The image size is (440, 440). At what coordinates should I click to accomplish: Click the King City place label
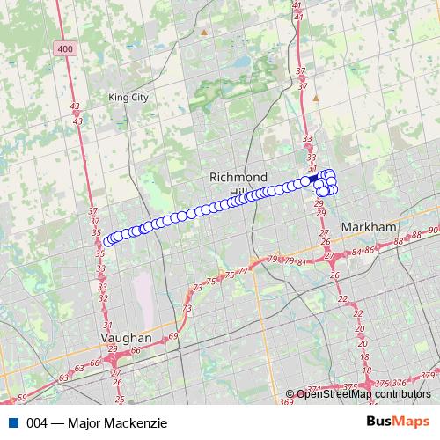(x=128, y=98)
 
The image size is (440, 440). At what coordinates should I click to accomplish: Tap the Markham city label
(x=369, y=226)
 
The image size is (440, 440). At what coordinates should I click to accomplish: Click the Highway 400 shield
(x=63, y=49)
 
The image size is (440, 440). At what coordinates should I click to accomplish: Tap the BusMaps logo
(x=398, y=422)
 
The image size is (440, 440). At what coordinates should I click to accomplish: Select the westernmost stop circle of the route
(x=109, y=240)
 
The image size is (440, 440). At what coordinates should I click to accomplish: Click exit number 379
(x=429, y=376)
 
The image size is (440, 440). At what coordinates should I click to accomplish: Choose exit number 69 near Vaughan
(x=172, y=336)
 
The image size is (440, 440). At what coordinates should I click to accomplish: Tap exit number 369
(x=286, y=401)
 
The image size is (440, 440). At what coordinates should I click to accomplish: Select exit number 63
(x=63, y=378)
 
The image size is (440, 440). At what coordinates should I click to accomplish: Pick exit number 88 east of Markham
(x=398, y=240)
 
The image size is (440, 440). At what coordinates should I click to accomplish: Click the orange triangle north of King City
(x=205, y=33)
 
